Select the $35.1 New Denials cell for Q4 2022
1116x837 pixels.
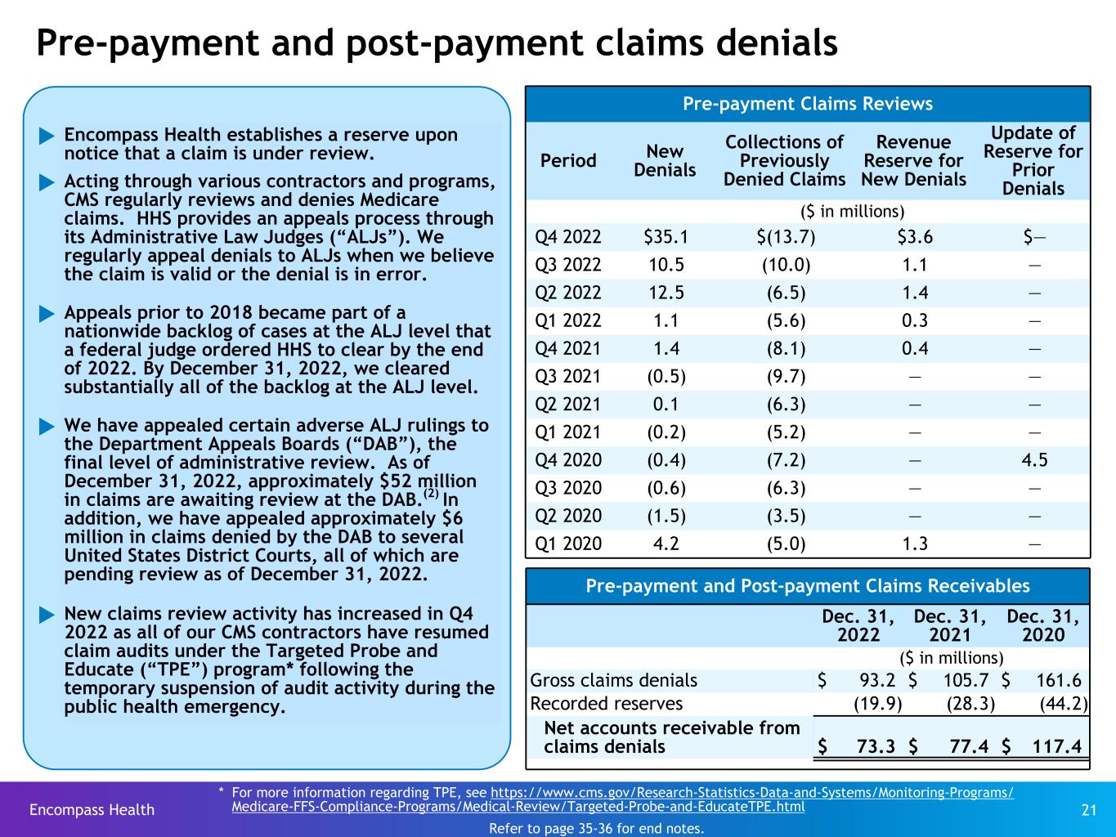tap(666, 237)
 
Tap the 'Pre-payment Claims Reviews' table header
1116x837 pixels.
tap(807, 104)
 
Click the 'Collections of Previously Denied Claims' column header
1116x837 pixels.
tap(784, 160)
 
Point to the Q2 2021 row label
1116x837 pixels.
tap(567, 404)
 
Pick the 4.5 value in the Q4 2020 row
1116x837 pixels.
tap(1034, 459)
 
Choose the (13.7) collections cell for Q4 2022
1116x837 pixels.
tap(786, 237)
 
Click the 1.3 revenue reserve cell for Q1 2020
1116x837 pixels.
tap(914, 543)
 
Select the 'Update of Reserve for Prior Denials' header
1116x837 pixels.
tap(1033, 160)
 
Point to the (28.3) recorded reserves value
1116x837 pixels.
tap(970, 704)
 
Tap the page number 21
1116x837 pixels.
tap(1088, 810)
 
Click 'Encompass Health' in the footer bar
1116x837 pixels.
tap(92, 810)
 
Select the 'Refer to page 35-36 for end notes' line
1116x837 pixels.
tap(596, 828)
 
